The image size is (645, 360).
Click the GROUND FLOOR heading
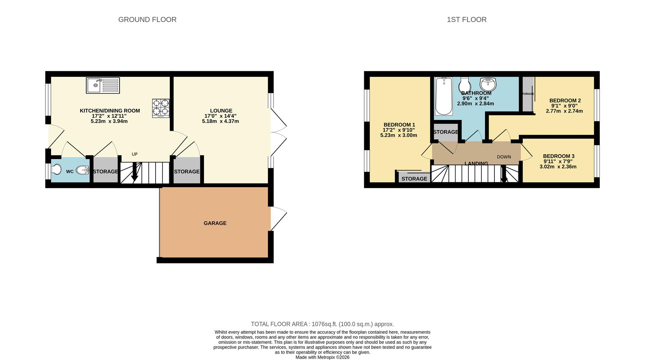tap(147, 19)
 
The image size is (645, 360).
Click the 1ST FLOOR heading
tap(466, 19)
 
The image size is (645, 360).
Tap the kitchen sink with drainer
tap(103, 85)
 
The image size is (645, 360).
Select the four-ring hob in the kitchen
tap(161, 108)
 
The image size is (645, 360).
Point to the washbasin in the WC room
tap(83, 170)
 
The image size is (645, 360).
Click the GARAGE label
tap(215, 223)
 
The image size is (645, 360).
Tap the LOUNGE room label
tap(221, 111)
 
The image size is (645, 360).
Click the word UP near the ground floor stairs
tap(135, 154)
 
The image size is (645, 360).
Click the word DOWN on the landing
tap(504, 157)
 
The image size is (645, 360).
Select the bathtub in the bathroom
tap(444, 96)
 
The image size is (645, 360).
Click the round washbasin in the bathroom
tap(488, 84)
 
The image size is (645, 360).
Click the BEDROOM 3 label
tap(558, 156)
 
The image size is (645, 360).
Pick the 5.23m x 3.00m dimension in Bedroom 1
tap(398, 135)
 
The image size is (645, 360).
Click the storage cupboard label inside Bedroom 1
tap(414, 178)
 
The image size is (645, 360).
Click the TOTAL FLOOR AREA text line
tap(322, 324)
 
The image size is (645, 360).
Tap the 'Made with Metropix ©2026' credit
tap(322, 357)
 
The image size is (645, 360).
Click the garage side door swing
tap(278, 218)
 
